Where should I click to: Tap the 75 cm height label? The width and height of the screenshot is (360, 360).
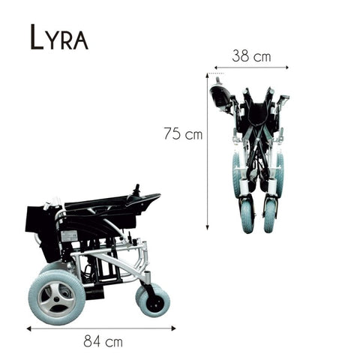coord(183,134)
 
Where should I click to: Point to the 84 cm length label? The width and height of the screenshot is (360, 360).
coord(104,342)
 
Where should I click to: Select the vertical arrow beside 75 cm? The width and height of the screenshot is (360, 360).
coord(208,150)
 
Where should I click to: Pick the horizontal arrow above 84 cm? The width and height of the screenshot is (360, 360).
coord(101,328)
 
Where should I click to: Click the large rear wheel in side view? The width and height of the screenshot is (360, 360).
coord(57,292)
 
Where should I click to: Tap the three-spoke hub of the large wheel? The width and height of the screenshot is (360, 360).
coord(57,293)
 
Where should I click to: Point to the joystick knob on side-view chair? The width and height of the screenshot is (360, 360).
coord(137,188)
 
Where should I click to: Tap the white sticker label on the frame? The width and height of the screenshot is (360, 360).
coord(69,235)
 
